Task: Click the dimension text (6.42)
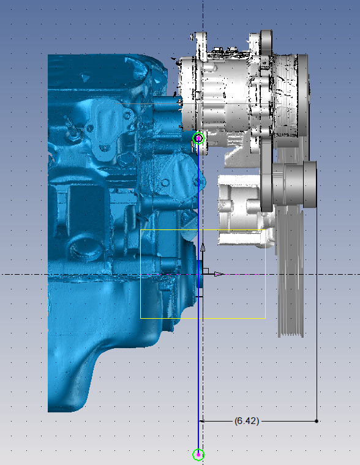(247, 421)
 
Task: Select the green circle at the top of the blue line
(198, 138)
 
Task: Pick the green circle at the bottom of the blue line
(198, 455)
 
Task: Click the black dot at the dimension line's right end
(317, 421)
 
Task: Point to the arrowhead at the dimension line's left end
(201, 421)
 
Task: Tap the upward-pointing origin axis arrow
(203, 247)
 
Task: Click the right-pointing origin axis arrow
(219, 274)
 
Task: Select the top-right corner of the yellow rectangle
(265, 230)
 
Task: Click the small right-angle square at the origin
(206, 271)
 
